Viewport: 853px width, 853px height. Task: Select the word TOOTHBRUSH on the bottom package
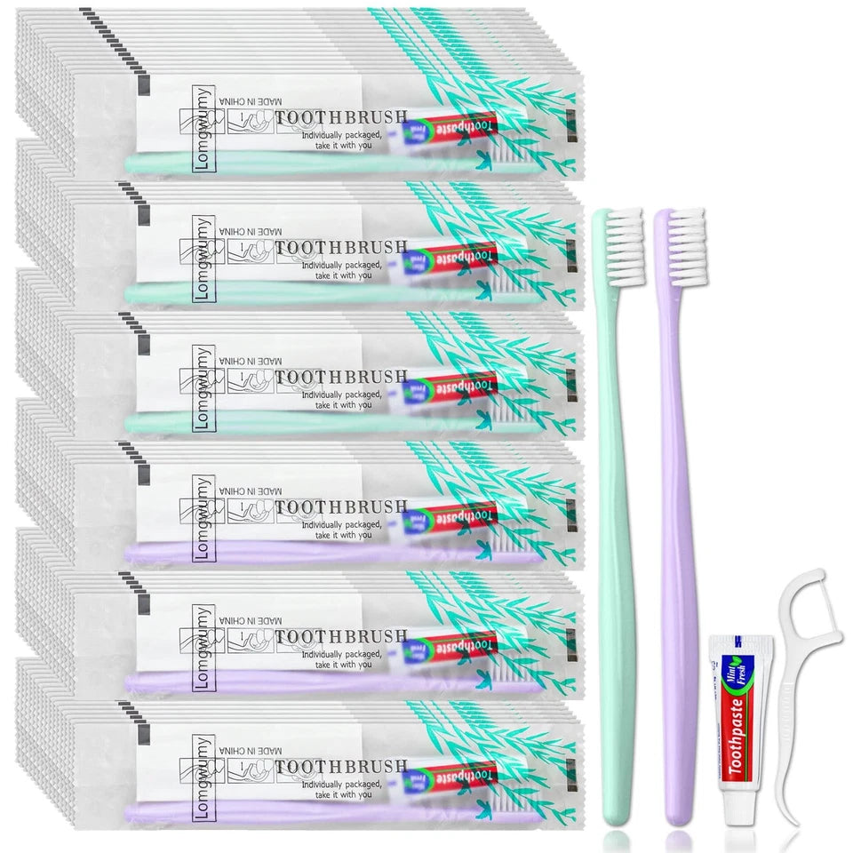(x=341, y=765)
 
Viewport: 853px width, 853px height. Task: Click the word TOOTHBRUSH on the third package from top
(x=341, y=377)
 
